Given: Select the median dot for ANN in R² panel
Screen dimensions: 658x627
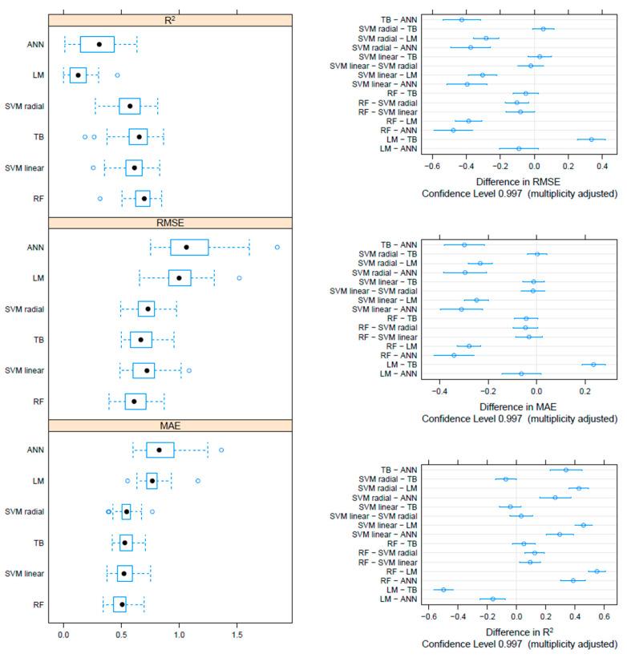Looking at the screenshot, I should pos(99,45).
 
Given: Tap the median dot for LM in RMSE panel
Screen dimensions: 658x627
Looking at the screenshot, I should pos(179,278).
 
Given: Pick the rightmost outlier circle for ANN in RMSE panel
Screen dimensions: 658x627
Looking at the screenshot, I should pos(277,247).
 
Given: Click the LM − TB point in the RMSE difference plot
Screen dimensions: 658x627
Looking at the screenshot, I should pos(592,139).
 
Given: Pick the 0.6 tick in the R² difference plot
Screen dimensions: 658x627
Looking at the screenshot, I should pos(604,619).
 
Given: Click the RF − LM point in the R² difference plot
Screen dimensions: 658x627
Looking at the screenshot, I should pos(597,571).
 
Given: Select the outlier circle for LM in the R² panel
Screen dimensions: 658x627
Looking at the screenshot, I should pos(117,75).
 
